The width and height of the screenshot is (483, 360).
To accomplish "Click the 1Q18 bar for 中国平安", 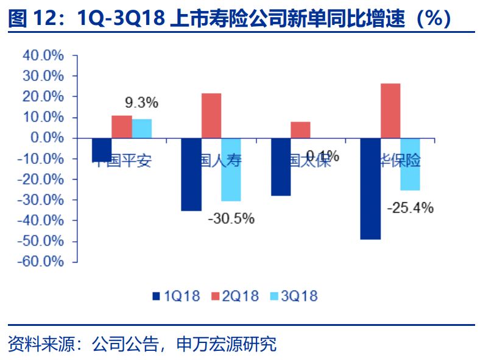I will [102, 150].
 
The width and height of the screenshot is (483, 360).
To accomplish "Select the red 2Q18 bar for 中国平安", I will [121, 127].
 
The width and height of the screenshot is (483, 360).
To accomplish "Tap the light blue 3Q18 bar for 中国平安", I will [141, 129].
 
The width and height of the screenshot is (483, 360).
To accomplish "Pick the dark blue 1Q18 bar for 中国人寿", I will [191, 174].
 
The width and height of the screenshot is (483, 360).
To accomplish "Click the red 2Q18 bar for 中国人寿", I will [211, 116].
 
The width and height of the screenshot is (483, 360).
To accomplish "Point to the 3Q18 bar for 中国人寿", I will [231, 169].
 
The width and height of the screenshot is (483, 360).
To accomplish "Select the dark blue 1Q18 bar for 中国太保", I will [281, 167].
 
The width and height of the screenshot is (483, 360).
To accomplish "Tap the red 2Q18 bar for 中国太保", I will [300, 130].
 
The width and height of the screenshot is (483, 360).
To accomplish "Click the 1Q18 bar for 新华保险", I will [370, 189].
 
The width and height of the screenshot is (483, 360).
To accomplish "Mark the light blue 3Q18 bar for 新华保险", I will [410, 164].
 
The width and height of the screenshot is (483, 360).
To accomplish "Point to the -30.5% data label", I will [231, 218].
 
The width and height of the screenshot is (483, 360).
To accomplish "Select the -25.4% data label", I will [411, 208].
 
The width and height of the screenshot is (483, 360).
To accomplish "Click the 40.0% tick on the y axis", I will [43, 55].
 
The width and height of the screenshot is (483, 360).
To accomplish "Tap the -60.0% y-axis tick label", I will [41, 261].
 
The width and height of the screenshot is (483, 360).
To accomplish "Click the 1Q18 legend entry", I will [176, 297].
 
